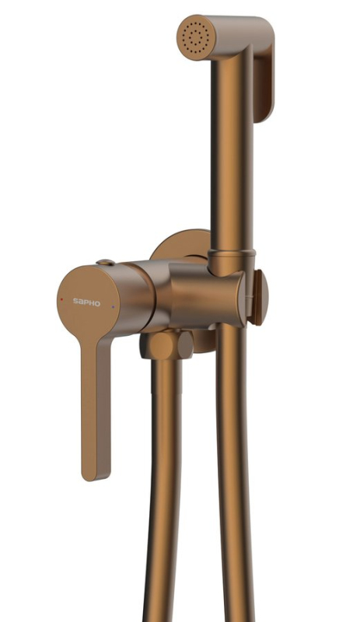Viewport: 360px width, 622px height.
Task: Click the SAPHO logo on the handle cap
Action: pos(86,302)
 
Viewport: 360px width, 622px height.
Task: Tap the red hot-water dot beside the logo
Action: pos(61,299)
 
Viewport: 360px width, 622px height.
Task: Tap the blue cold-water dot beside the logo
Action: pos(113,306)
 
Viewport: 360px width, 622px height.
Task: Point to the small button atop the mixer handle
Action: pos(106,262)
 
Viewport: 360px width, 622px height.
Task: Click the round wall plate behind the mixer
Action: pos(180,245)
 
